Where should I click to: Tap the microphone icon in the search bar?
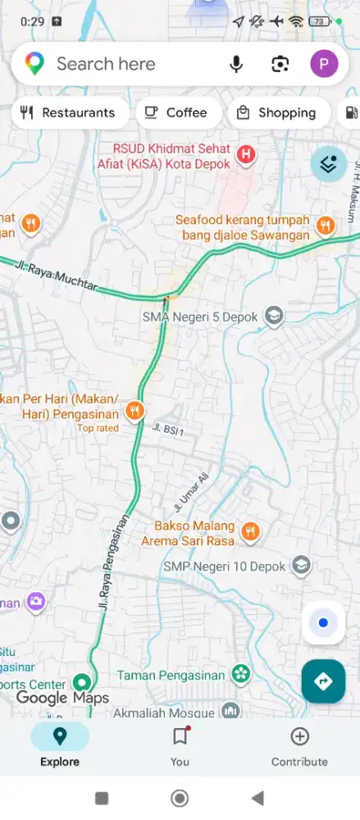(x=236, y=64)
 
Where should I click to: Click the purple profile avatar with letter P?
(x=324, y=64)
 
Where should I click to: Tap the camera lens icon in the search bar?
(x=280, y=64)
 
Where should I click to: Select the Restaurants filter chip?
(x=69, y=113)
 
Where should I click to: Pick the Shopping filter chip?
(x=277, y=113)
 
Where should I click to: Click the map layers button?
(x=329, y=164)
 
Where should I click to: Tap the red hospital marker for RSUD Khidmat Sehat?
(x=245, y=153)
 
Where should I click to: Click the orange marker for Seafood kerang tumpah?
(x=326, y=224)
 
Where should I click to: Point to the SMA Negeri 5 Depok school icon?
(x=274, y=316)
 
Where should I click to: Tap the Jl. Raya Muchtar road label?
(x=57, y=278)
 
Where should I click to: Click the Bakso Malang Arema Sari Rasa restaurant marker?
(x=252, y=531)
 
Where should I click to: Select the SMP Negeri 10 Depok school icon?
(x=302, y=566)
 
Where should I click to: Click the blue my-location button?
(x=323, y=623)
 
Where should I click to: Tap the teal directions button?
(x=323, y=681)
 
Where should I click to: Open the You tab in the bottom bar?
(x=180, y=745)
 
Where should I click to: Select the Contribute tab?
(x=299, y=745)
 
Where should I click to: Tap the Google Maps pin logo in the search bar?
(x=34, y=64)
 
